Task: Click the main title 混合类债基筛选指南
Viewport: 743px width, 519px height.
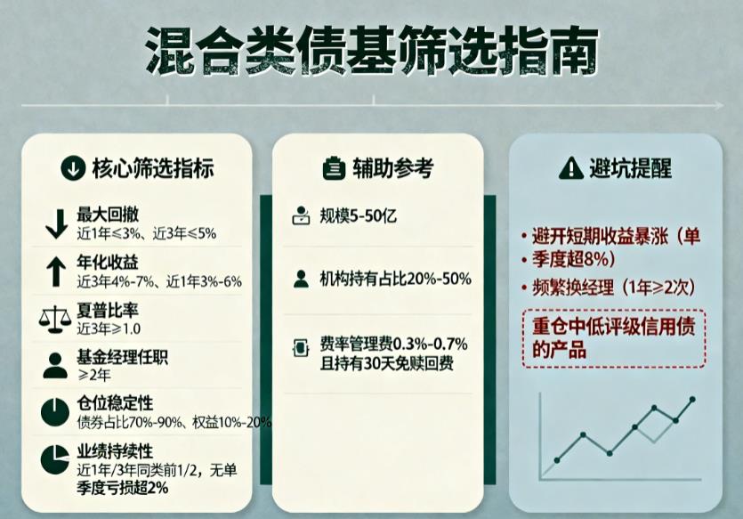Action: click(x=371, y=52)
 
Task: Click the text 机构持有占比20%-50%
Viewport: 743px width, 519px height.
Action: click(x=395, y=279)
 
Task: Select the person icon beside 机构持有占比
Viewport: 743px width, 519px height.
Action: click(x=301, y=279)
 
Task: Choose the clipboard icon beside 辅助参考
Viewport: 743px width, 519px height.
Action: click(x=331, y=167)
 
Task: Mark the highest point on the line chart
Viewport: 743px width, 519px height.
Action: click(x=692, y=400)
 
